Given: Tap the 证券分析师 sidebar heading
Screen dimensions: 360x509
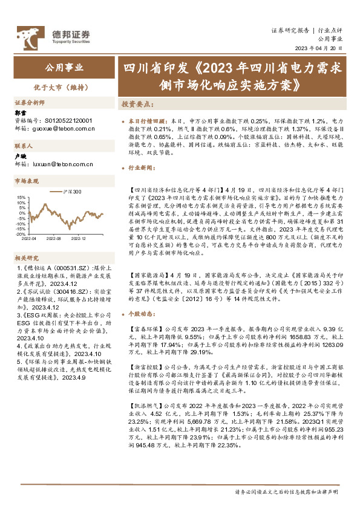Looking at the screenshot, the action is [30, 102].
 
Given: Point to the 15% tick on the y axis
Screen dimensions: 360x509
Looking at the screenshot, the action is [21, 197].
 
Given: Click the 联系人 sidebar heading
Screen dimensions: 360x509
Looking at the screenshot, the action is [24, 146].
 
